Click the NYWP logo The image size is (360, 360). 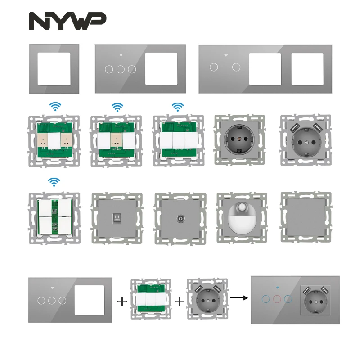67,21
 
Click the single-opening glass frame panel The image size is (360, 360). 54,68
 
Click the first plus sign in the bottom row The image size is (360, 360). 121,301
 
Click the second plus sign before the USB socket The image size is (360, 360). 180,301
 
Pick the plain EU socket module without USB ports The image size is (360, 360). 238,139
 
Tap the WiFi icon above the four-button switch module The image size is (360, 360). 54,182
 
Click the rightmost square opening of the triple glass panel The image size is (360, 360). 307,69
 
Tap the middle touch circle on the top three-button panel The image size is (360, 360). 120,69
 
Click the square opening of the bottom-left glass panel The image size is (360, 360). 87,300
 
